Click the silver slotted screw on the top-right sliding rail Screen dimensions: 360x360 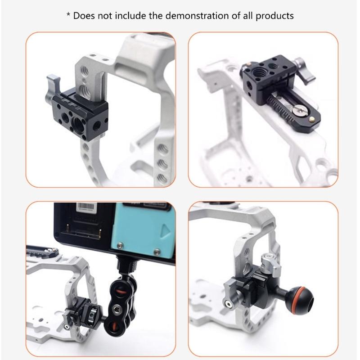tap(297, 108)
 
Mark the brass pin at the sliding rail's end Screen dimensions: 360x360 tap(311, 119)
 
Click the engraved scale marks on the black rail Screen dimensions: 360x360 tap(279, 106)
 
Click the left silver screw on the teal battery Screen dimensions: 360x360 tap(121, 246)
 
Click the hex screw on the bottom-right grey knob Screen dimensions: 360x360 tap(230, 305)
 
